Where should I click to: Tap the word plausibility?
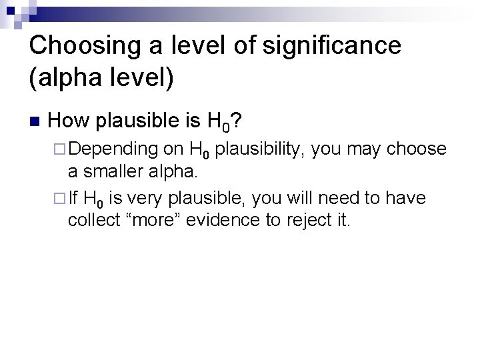point(259,150)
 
